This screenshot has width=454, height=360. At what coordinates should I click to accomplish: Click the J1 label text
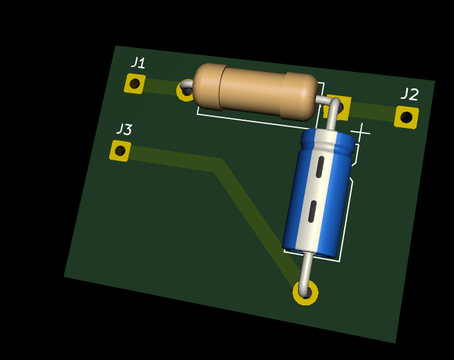tap(138, 63)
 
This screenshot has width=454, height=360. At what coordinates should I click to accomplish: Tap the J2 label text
tap(410, 94)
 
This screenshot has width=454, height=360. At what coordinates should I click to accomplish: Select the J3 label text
tap(124, 129)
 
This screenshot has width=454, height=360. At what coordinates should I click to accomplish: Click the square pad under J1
tap(135, 84)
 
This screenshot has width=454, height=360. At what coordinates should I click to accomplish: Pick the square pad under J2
tap(406, 117)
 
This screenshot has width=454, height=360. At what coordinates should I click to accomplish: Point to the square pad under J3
tap(120, 151)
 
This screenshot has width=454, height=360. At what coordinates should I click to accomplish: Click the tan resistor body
tap(256, 91)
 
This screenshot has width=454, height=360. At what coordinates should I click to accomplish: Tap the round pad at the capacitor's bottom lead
tap(305, 292)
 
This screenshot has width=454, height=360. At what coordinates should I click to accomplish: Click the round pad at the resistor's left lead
tap(185, 91)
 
